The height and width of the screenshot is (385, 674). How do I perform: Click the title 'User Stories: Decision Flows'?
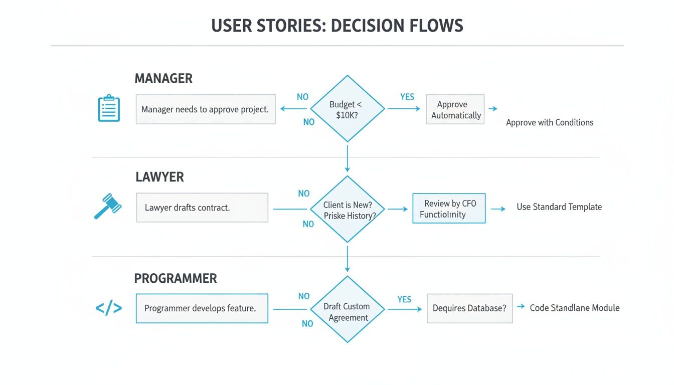point(337,26)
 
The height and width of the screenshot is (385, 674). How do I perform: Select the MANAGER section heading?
point(163,79)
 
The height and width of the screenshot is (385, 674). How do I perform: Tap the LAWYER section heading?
point(159,177)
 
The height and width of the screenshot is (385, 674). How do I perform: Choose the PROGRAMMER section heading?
point(176,279)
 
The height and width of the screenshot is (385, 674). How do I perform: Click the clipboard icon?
point(109,109)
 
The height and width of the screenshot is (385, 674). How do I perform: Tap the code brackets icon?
point(109,308)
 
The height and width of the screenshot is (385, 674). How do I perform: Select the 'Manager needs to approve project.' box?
point(206,109)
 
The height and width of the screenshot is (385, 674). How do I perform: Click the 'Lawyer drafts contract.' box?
point(202,208)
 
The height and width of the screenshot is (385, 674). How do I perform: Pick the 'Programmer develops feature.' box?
point(202,308)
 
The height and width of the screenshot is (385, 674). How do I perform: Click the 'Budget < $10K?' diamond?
point(347,109)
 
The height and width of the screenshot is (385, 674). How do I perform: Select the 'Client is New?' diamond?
point(347,210)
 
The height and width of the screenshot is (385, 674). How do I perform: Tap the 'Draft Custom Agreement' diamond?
point(347,311)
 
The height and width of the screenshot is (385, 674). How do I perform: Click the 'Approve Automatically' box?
point(455,109)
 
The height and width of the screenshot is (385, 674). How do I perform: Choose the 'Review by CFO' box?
point(449,209)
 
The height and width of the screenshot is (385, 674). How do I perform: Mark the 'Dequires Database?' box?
point(469,308)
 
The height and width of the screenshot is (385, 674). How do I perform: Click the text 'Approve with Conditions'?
point(550,122)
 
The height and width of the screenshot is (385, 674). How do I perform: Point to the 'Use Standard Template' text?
point(559,207)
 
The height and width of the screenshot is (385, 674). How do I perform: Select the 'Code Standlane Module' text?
point(575,308)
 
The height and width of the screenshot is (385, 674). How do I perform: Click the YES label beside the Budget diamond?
point(407,97)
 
